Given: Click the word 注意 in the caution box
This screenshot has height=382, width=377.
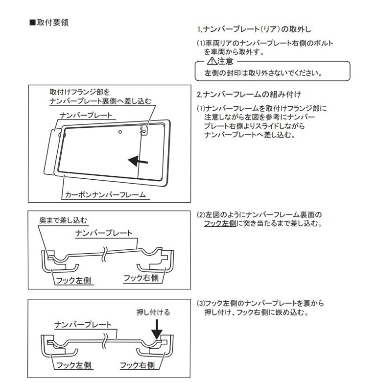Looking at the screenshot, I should click(x=225, y=61).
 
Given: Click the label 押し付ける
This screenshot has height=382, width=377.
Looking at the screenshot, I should click(x=153, y=312).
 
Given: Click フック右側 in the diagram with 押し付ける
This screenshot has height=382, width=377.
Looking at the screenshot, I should click(x=138, y=365).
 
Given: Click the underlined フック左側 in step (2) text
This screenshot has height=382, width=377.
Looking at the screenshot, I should click(x=220, y=224).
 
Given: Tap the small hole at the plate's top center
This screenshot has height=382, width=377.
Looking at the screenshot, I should click(x=120, y=132).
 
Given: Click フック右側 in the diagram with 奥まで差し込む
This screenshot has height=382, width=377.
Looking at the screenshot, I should click(x=141, y=278).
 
